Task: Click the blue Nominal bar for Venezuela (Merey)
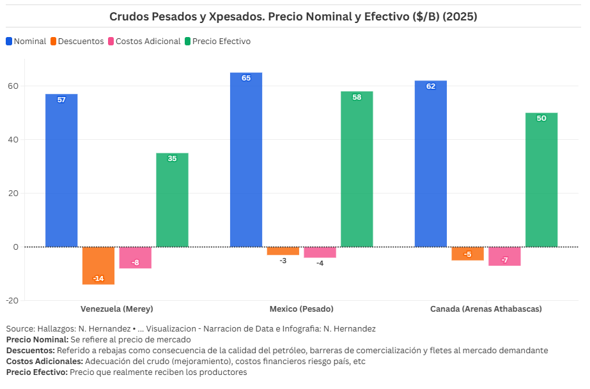click(61, 170)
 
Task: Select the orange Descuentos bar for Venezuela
click(98, 265)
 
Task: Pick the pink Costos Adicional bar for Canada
click(504, 256)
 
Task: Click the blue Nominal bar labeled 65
click(246, 160)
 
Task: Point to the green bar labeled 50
click(541, 179)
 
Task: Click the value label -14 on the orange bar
click(98, 278)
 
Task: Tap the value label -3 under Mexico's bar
click(283, 261)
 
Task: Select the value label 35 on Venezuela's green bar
click(172, 158)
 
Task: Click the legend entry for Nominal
click(26, 42)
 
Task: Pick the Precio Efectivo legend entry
click(217, 42)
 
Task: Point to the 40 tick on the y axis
click(13, 140)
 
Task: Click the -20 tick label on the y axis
click(12, 300)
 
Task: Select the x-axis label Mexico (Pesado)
click(301, 309)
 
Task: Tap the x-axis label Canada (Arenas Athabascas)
click(486, 309)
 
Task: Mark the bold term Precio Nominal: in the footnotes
click(37, 340)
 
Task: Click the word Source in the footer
click(20, 329)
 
